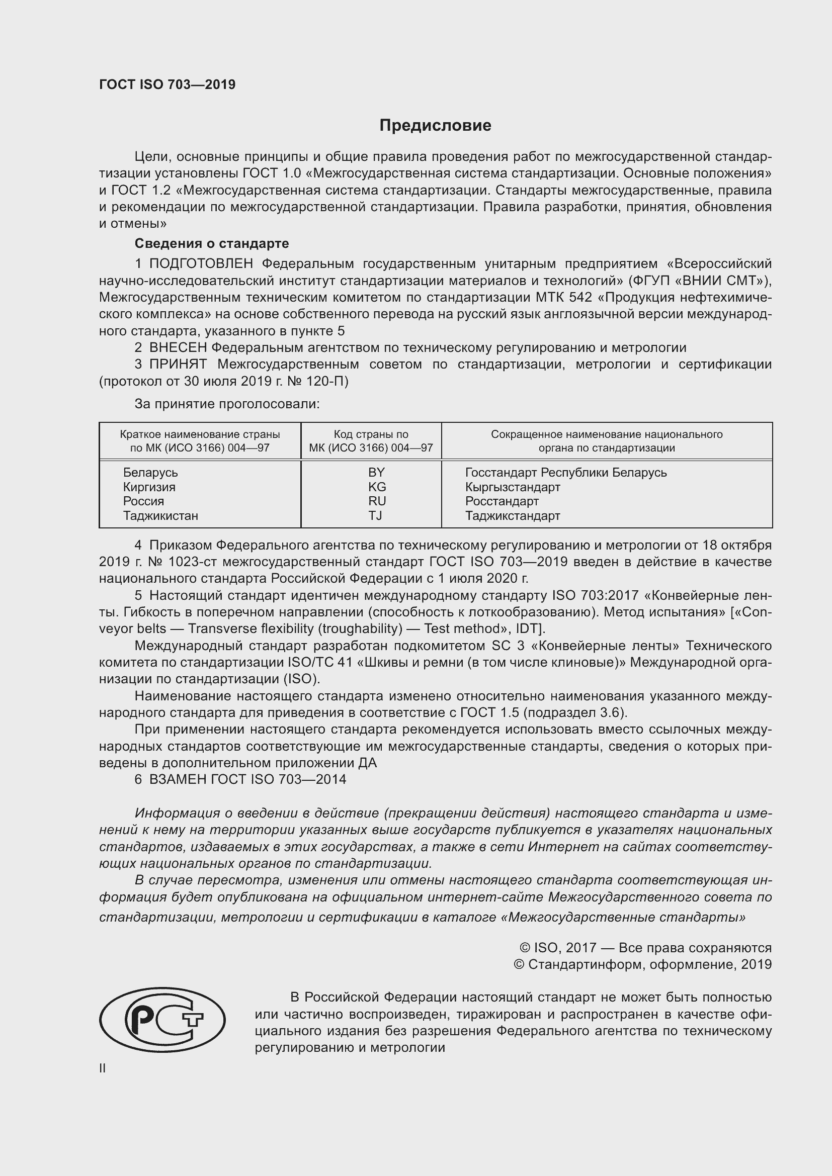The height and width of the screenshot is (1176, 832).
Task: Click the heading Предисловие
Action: point(435,126)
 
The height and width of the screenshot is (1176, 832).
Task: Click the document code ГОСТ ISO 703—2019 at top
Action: point(167,84)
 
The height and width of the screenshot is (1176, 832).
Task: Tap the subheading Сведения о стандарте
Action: point(212,243)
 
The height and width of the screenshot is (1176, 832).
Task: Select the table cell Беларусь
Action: point(150,472)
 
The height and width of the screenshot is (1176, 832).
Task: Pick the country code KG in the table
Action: point(377,487)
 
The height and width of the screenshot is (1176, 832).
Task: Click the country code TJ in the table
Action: point(375,515)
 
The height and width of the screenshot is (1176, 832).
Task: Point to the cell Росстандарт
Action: point(502,501)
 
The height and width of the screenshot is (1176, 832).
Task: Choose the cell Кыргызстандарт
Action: point(512,487)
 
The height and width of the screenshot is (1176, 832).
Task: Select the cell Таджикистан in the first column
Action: point(160,515)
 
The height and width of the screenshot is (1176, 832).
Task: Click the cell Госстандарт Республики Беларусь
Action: point(565,472)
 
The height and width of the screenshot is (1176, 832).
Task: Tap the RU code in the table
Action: point(377,501)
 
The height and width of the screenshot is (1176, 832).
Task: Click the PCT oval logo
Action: point(162,1020)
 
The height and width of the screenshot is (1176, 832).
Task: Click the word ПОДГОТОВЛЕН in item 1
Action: point(201,264)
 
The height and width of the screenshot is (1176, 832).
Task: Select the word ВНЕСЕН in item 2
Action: point(178,348)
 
